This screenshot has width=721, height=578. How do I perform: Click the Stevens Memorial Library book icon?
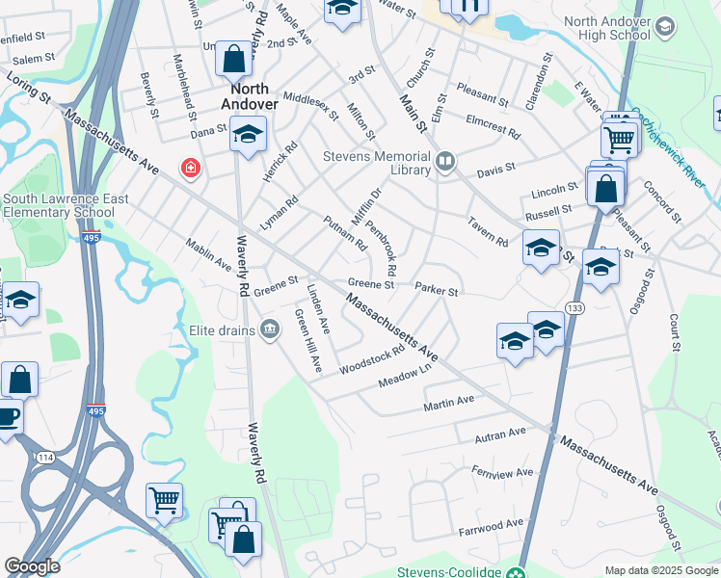[x=445, y=162]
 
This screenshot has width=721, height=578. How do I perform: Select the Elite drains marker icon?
[x=269, y=331]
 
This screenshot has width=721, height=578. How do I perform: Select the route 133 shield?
[x=575, y=307]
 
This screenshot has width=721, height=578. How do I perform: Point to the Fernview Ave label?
[x=502, y=472]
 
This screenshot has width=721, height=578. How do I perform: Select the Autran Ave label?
[x=500, y=436]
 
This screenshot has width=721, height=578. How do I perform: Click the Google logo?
[x=32, y=566]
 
